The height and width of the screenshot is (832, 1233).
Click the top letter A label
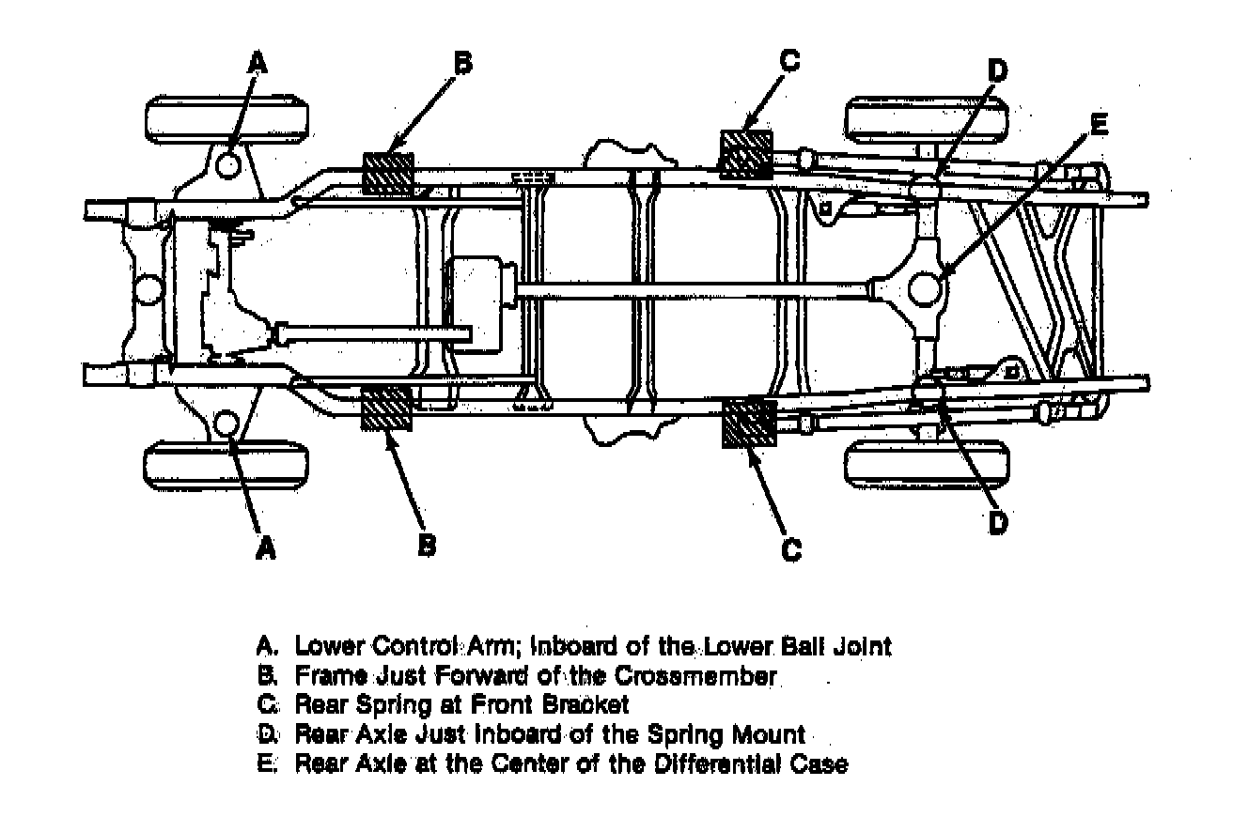coord(258,62)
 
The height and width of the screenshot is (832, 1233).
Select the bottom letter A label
coord(267,547)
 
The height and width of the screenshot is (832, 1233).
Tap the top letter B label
coord(462,63)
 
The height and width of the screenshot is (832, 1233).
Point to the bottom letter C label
coord(792,548)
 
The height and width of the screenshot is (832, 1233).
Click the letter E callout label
coord(1099,123)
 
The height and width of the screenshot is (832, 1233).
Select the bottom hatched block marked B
coord(386,408)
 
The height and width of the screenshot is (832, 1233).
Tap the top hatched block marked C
coord(745,154)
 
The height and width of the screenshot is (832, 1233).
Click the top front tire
coord(228,119)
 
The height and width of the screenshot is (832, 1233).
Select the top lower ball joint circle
coord(228,165)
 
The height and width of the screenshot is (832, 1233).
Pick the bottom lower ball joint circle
coord(227,424)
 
